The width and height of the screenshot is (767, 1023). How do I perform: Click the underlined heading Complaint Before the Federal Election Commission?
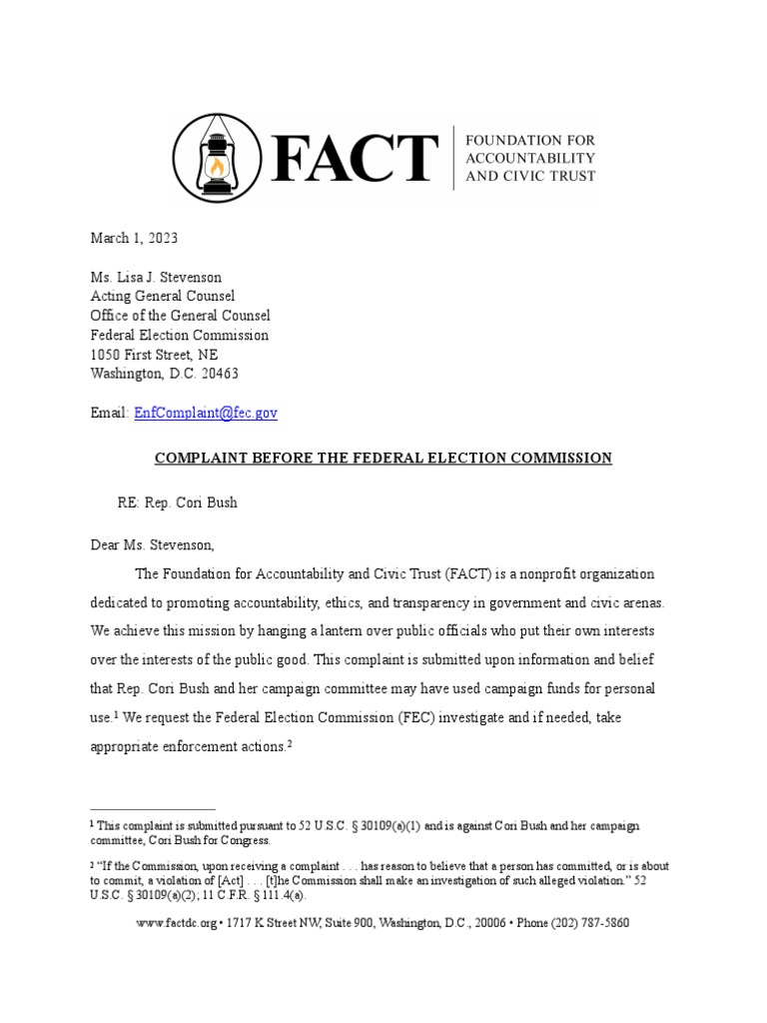[x=383, y=458]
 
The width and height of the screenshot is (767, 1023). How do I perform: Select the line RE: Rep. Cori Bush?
[x=178, y=503]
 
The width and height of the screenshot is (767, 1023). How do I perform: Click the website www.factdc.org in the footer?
[x=176, y=923]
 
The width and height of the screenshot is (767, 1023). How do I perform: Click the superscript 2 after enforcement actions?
[x=288, y=743]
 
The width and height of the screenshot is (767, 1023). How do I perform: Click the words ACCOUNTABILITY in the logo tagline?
[x=531, y=158]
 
